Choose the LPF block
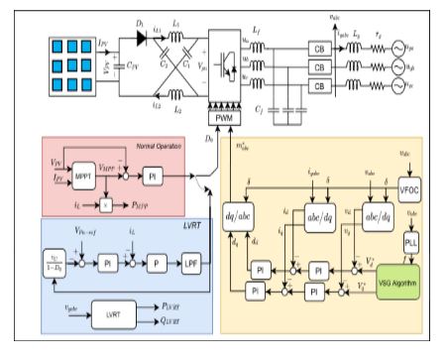tap(189, 265)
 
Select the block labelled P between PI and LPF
tap(149, 265)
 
